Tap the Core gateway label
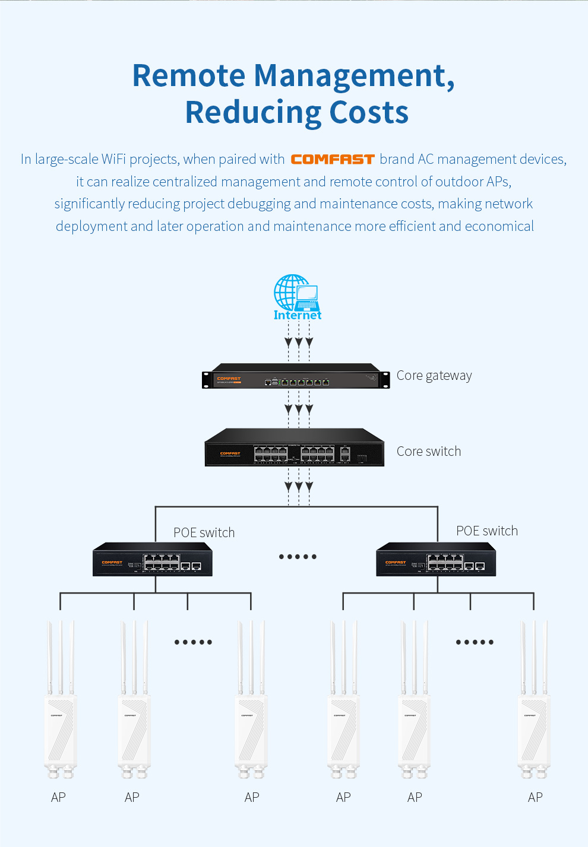tap(434, 376)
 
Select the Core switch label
tap(429, 452)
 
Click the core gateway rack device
tap(296, 376)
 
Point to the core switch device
tap(295, 448)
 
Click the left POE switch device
tap(153, 560)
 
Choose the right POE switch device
tap(436, 560)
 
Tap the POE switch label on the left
tap(204, 533)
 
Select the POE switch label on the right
tap(487, 531)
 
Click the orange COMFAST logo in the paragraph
tap(333, 160)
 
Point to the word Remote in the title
tap(189, 76)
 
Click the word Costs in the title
tap(369, 113)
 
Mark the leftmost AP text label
tap(58, 798)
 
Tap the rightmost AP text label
tap(535, 798)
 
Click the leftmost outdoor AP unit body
tap(61, 730)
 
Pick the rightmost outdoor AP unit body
tap(534, 730)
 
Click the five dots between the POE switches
tap(298, 557)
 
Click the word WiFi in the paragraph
tap(113, 160)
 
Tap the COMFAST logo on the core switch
tap(230, 453)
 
